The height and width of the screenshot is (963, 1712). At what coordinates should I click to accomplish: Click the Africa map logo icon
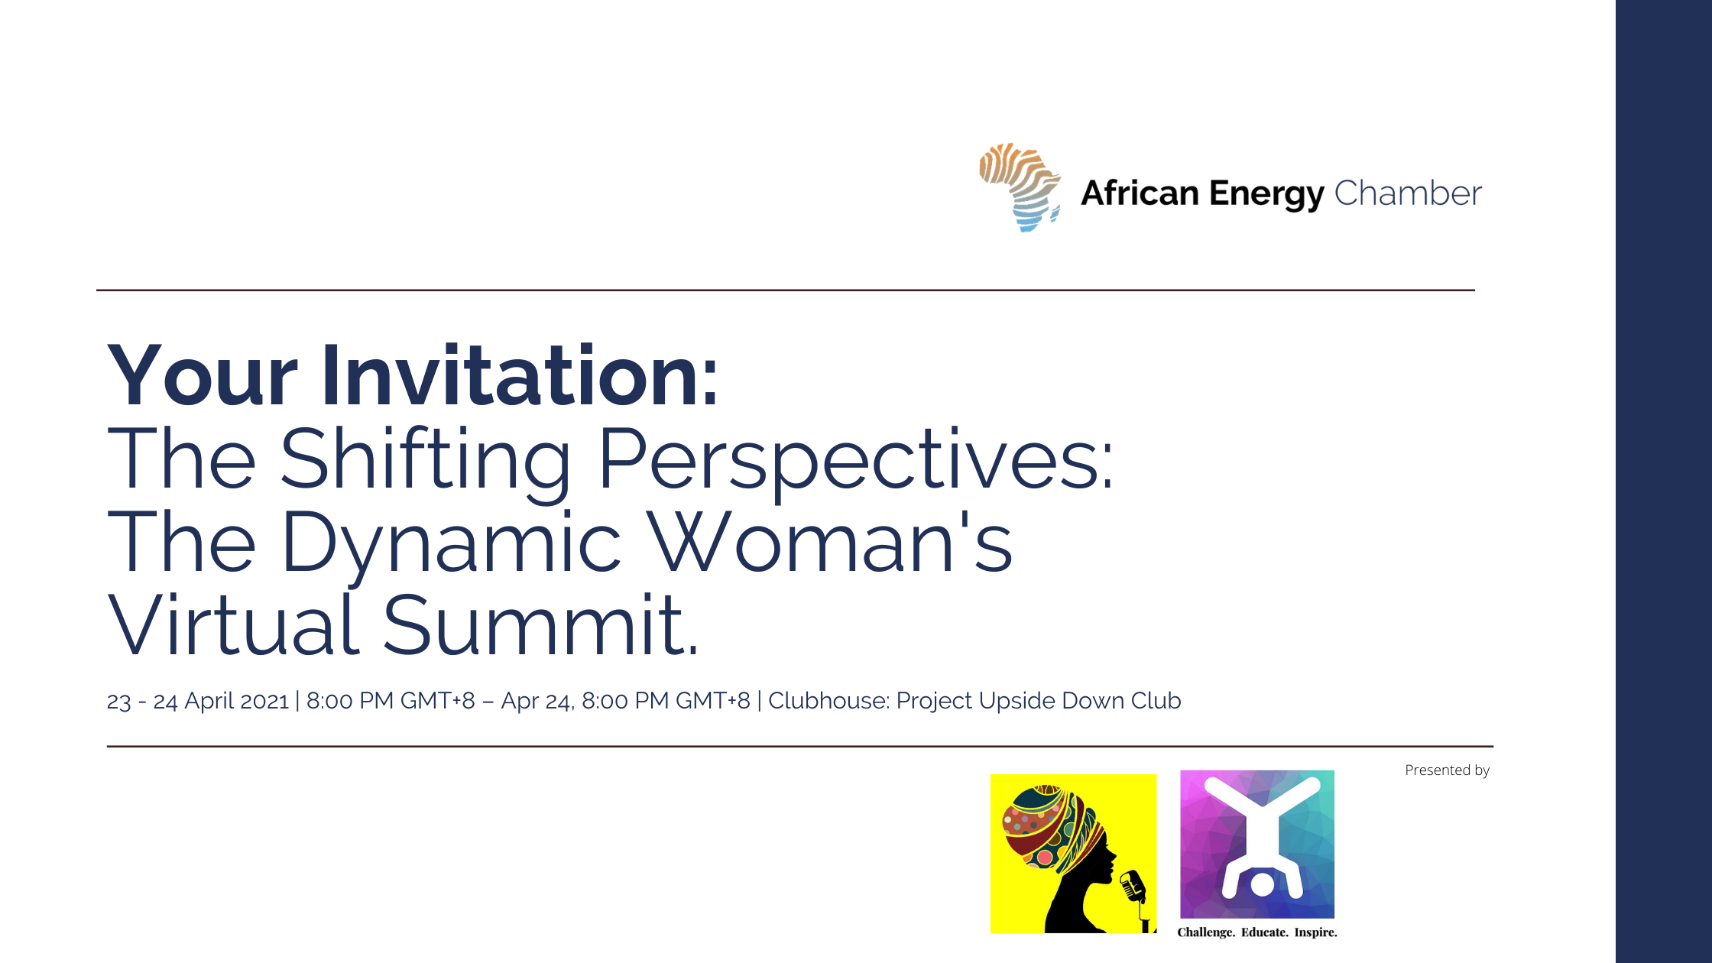pyautogui.click(x=1020, y=187)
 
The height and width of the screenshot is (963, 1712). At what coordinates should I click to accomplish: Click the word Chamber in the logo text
pyautogui.click(x=1408, y=193)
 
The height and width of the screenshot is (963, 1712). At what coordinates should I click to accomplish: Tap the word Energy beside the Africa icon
pyautogui.click(x=1267, y=195)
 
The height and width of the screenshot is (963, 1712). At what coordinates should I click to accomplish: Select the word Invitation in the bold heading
pyautogui.click(x=520, y=375)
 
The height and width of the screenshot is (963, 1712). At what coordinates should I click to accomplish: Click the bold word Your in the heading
pyautogui.click(x=203, y=375)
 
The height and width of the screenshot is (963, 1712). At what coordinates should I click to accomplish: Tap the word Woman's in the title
pyautogui.click(x=831, y=541)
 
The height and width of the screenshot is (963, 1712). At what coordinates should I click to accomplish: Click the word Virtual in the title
pyautogui.click(x=233, y=624)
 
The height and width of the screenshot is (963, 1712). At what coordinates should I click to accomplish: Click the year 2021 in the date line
pyautogui.click(x=264, y=701)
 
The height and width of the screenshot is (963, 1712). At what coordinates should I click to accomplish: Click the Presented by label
pyautogui.click(x=1447, y=770)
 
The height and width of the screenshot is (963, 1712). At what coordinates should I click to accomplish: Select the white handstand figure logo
pyautogui.click(x=1262, y=838)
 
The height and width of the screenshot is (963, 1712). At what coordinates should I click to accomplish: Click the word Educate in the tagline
pyautogui.click(x=1264, y=932)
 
